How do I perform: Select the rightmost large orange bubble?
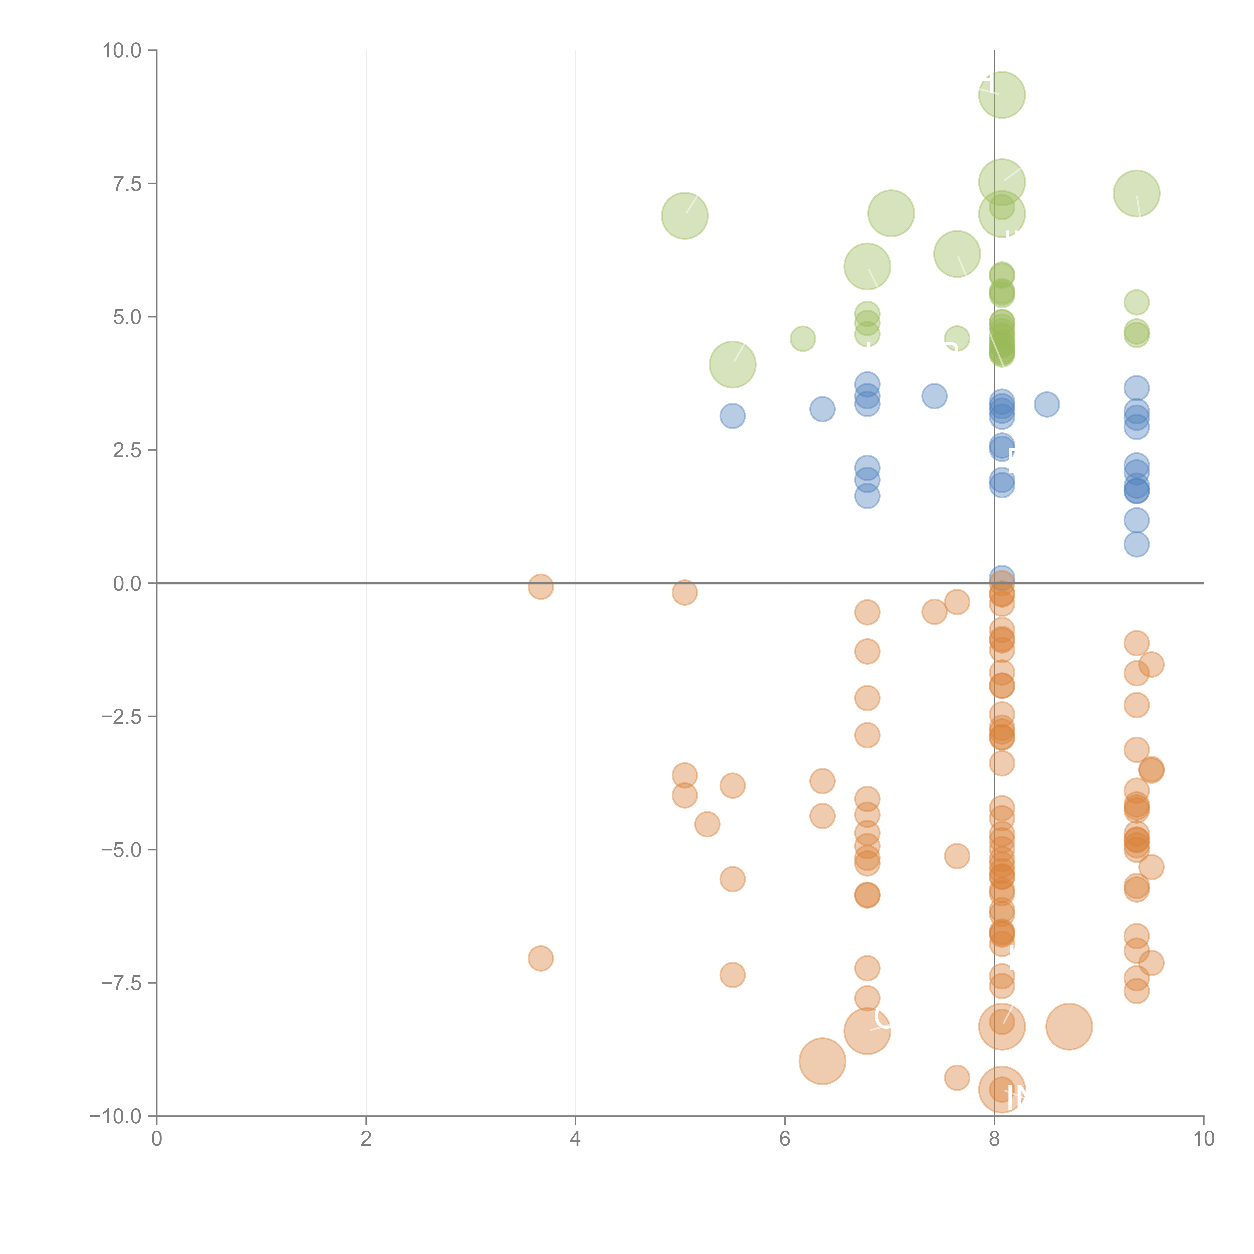point(1069,1026)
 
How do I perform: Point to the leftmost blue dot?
point(732,415)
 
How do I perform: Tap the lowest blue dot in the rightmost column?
point(1136,544)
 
